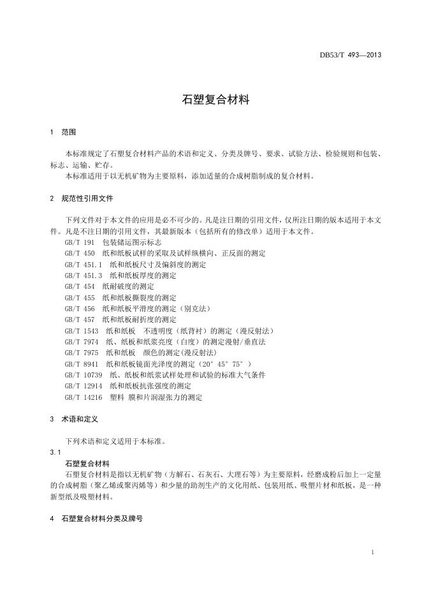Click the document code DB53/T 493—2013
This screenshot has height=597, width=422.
pos(350,55)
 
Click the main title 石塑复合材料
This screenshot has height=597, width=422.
pos(210,100)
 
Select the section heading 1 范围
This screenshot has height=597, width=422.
pos(62,133)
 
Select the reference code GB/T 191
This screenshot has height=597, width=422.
pos(80,242)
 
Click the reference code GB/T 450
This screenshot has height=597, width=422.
pos(80,253)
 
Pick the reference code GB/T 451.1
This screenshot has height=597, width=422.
pos(84,264)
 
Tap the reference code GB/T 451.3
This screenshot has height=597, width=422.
pos(84,275)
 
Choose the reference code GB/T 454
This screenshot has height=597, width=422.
pos(80,286)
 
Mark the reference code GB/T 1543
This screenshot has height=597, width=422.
pos(82,330)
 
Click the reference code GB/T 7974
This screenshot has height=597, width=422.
pos(82,341)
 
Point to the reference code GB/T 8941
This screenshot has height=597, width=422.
pos(82,364)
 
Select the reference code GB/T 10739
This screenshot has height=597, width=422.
pos(84,374)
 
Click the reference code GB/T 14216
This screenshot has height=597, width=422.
pos(84,397)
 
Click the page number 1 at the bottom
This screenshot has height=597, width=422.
pos(372,552)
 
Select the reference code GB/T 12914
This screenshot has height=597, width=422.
pos(84,385)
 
